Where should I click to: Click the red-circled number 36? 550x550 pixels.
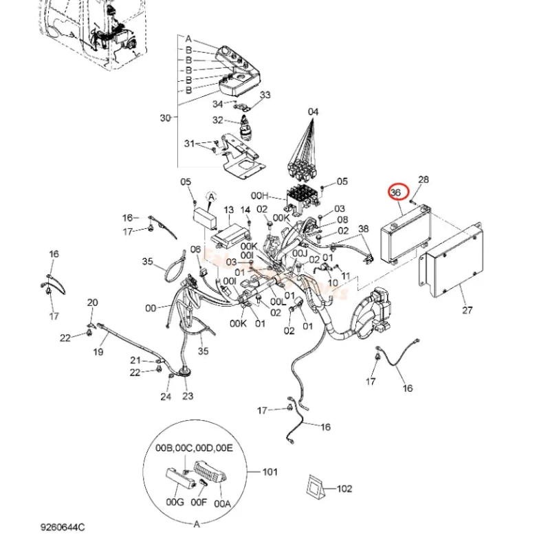coord(397,192)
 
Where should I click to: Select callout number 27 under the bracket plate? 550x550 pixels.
coord(467,310)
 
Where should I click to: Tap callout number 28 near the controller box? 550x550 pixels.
coord(423,180)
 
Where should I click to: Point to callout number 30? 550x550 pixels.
coord(165,118)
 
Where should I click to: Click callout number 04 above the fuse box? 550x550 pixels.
coord(313,111)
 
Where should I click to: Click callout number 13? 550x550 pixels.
coord(229,210)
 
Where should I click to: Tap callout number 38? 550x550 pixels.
coord(364,229)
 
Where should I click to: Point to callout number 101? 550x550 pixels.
coord(270,472)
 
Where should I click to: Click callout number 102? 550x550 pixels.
coord(344,489)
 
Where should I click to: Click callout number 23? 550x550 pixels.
coord(188,396)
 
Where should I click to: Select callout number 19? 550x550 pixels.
coord(98,352)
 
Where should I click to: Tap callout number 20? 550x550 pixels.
coord(93,302)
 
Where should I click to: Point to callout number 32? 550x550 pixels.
coord(218,120)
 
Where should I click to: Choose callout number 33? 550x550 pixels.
coord(265,95)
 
